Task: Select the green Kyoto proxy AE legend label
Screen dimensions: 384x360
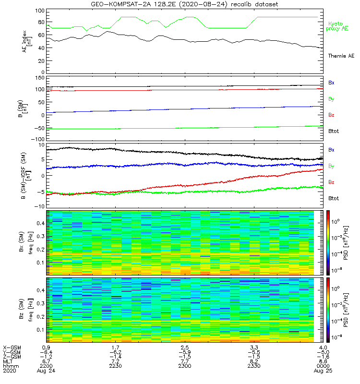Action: (338, 26)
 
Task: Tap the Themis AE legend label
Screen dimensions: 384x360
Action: (341, 56)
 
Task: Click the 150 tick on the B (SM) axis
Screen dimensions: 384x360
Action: (39, 78)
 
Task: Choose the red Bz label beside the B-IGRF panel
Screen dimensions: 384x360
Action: (331, 182)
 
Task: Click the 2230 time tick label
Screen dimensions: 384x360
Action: (116, 366)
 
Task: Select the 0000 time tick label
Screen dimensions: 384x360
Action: (323, 366)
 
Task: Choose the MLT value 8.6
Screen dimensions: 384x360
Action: (323, 361)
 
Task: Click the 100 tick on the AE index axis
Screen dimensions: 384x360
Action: (39, 11)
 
